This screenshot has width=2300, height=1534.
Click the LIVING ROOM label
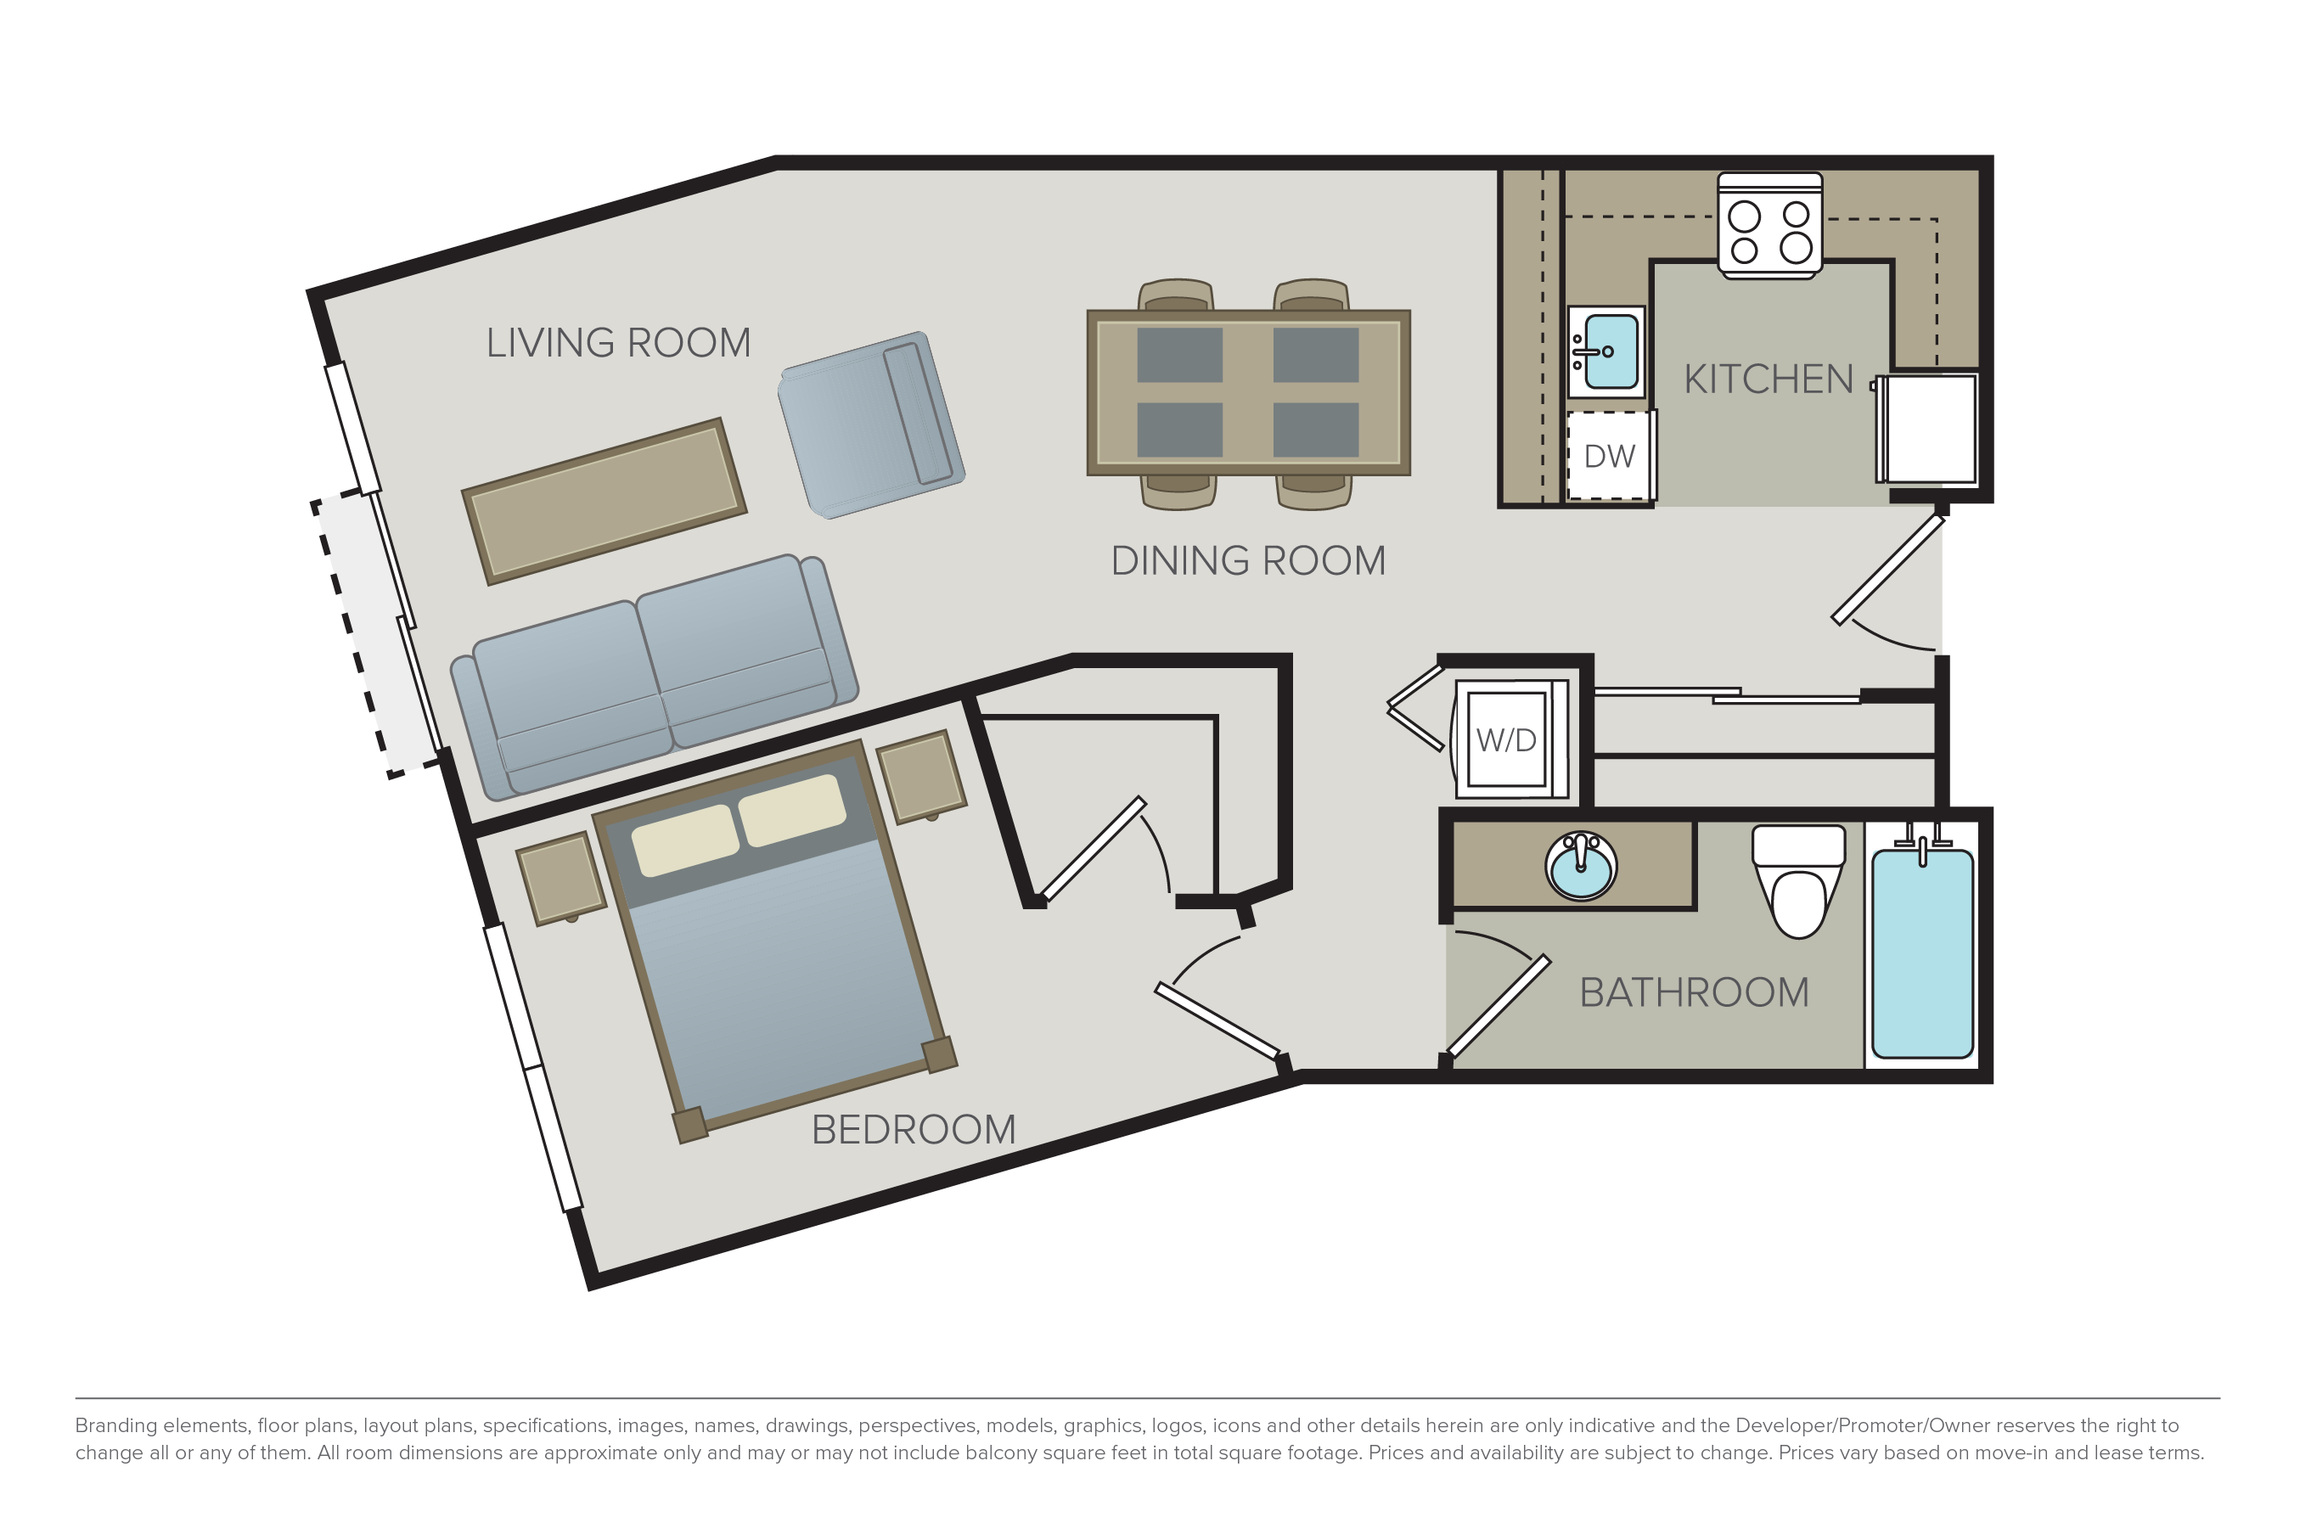[618, 342]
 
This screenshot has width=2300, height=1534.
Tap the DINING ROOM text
[1248, 560]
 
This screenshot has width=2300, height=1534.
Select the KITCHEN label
[1768, 379]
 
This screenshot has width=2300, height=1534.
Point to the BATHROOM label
[1695, 992]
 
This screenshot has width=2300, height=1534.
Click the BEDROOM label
[914, 1130]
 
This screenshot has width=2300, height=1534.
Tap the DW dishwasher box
[1609, 455]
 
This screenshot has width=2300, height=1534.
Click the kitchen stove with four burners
[1769, 226]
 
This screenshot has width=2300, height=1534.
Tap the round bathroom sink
[1581, 866]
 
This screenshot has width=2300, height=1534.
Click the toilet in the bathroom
[1798, 880]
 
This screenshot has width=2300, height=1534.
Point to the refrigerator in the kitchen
[1928, 428]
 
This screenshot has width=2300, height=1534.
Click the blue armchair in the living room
[872, 424]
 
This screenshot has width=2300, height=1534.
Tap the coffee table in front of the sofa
[605, 502]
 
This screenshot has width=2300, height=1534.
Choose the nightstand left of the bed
[560, 879]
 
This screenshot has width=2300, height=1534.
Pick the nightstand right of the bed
[921, 777]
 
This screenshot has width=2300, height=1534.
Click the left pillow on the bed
[685, 840]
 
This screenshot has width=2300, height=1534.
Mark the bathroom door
[1499, 1006]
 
